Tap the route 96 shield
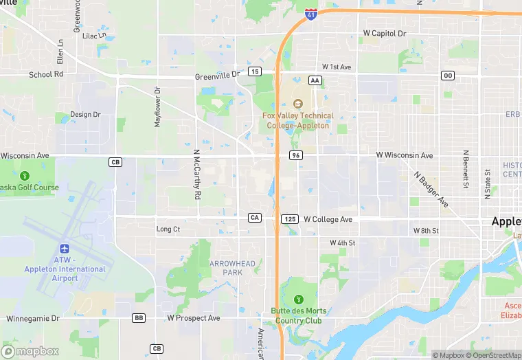tap(296, 156)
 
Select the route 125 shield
tap(289, 218)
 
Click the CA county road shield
tap(254, 218)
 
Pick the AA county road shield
tap(315, 80)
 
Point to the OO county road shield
tap(448, 76)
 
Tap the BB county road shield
tap(139, 318)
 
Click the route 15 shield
tap(255, 71)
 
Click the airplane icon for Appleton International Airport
tap(65, 249)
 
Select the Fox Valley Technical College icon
tap(297, 104)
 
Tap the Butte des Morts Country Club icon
tap(298, 300)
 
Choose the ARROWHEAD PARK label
tap(232, 268)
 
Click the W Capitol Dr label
tap(385, 33)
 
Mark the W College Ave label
tap(328, 219)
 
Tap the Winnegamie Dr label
tap(33, 319)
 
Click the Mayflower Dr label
tap(157, 107)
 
